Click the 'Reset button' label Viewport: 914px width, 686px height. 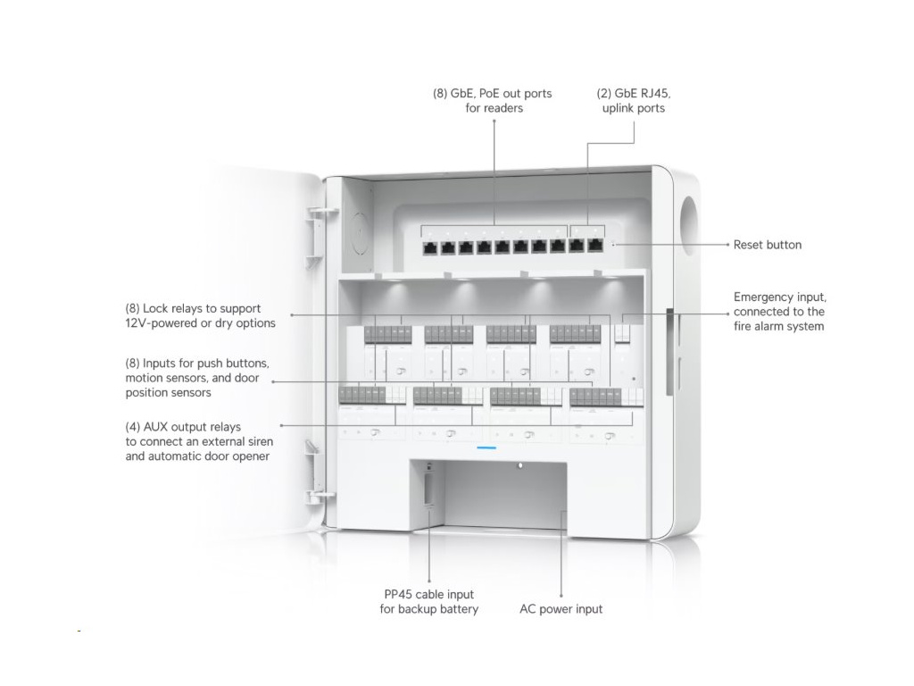(767, 245)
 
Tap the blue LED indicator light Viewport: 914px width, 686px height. (486, 447)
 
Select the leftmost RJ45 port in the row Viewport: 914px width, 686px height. (429, 247)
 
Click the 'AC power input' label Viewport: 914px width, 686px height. (561, 609)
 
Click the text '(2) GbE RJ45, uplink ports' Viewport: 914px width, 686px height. (633, 100)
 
